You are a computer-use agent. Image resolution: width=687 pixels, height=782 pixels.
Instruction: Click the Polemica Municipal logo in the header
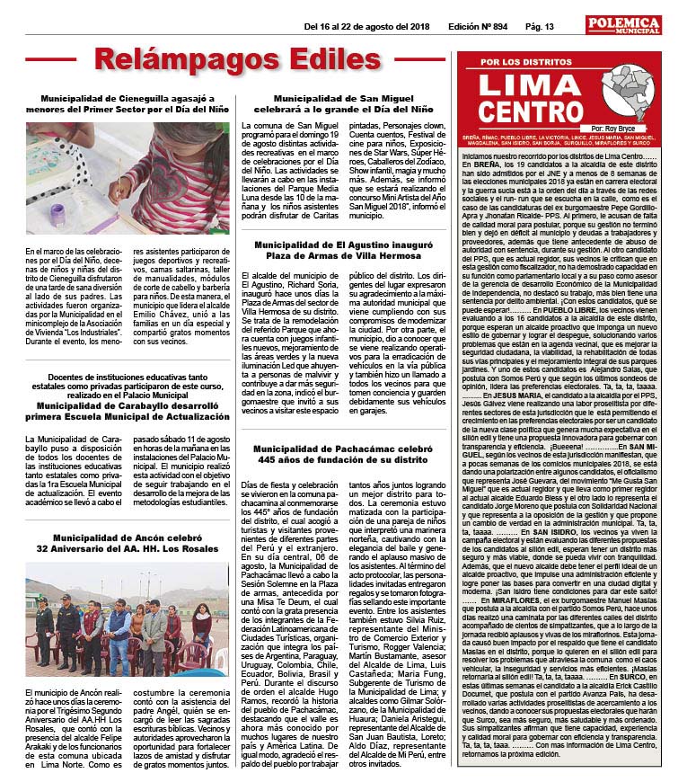click(x=628, y=26)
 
